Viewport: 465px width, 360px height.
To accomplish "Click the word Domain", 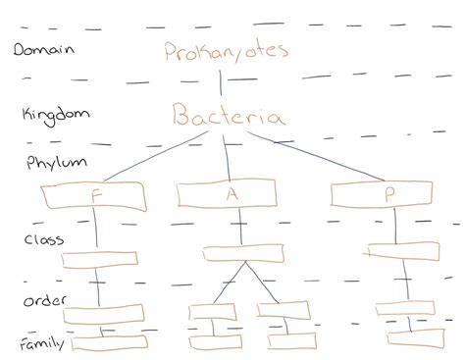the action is (45, 48).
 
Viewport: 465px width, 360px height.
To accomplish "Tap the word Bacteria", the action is (230, 119).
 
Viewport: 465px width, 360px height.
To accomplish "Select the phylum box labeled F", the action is (94, 197).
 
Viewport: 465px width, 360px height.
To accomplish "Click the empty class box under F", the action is (98, 259).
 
